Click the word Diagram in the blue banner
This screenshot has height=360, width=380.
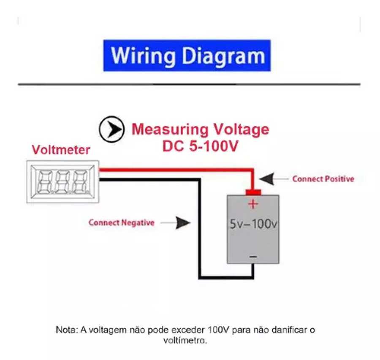tap(221, 56)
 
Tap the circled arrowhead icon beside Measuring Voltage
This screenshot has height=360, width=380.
tap(111, 129)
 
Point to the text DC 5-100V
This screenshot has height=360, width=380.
tap(201, 146)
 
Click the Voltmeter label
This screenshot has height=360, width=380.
tap(61, 150)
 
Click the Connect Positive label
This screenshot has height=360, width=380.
tap(323, 179)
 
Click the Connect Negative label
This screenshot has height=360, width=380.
tap(121, 222)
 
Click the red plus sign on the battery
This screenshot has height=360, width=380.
tap(253, 204)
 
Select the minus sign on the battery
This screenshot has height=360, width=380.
tap(253, 256)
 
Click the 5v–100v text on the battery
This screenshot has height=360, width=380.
tap(253, 225)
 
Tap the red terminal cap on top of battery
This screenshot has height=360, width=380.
tap(253, 192)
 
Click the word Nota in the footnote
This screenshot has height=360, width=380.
tap(65, 330)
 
